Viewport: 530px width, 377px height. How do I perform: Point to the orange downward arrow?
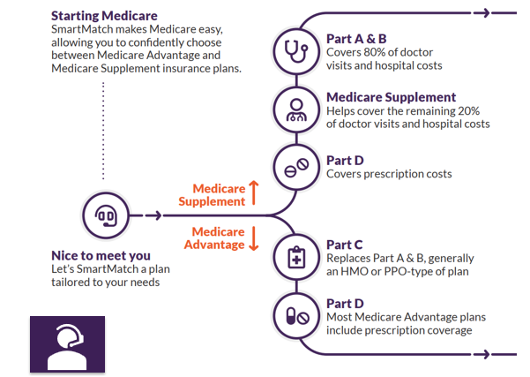[x=254, y=238]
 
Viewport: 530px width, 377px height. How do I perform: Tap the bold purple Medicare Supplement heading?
[x=391, y=97]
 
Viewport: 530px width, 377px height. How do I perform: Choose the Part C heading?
[x=345, y=245]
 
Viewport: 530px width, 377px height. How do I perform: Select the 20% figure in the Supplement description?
[x=474, y=111]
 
